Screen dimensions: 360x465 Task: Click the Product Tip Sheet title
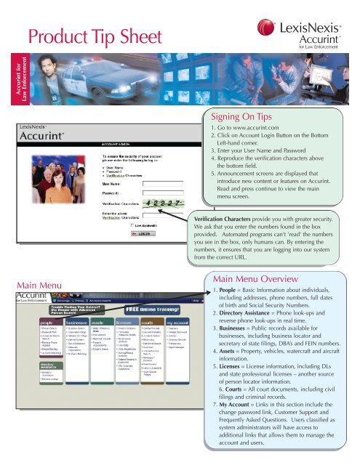click(101, 33)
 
